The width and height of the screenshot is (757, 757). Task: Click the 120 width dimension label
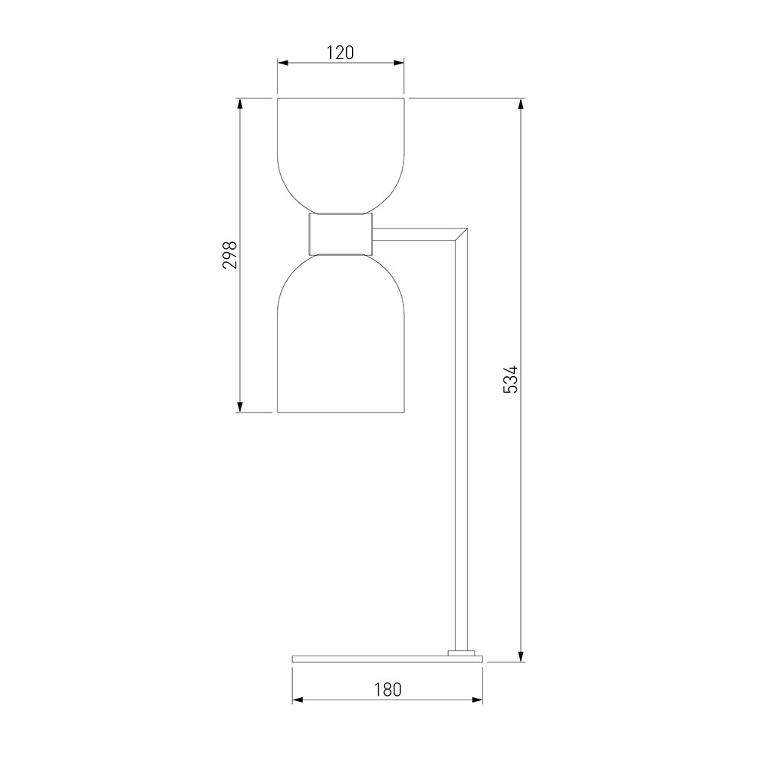point(341,53)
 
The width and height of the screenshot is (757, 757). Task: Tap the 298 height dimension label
point(230,255)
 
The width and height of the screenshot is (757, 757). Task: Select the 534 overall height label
point(510,379)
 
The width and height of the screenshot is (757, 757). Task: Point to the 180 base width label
point(388,690)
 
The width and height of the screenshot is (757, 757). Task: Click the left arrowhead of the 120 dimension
point(283,63)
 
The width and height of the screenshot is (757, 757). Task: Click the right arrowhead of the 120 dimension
point(398,63)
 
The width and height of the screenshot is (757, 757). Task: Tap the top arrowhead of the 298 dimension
point(239,104)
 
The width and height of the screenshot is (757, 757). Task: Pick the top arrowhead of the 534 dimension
point(521,104)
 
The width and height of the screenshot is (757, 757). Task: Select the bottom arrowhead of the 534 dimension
point(521,656)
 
